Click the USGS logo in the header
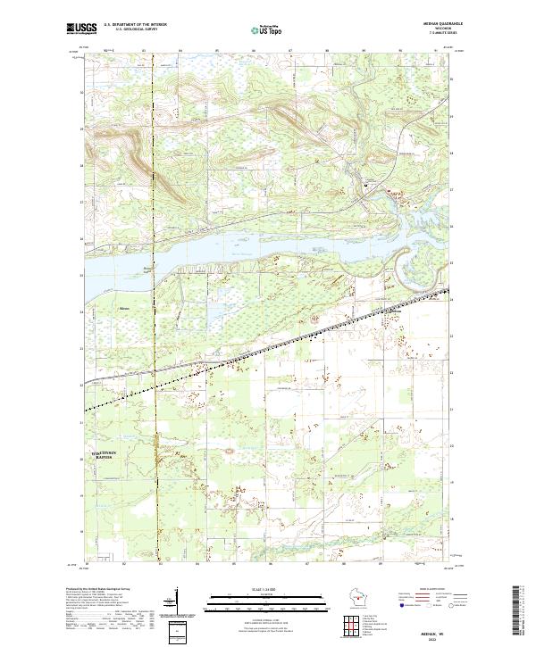(x=82, y=29)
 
